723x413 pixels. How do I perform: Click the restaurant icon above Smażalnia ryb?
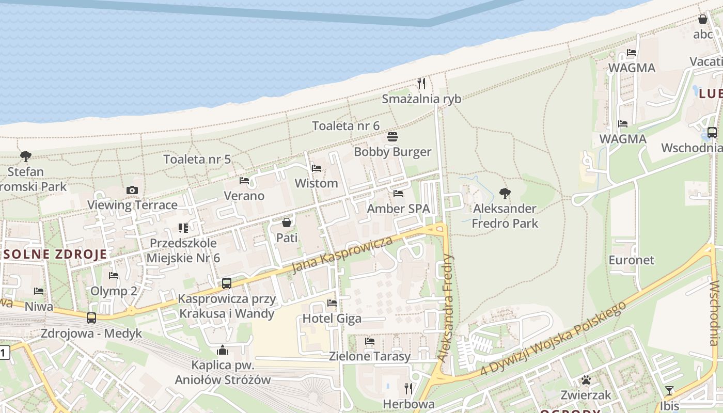point(421,83)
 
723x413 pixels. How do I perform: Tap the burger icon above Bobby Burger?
point(392,137)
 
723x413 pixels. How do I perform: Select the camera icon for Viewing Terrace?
point(132,190)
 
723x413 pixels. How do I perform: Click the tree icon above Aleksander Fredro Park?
point(505,194)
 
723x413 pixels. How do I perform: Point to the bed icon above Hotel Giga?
point(332,303)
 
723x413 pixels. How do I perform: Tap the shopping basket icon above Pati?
point(287,223)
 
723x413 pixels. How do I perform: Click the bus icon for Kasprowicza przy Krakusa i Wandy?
point(226,283)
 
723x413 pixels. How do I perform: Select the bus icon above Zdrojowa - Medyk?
point(91,318)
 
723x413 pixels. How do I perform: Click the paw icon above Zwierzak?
point(586,380)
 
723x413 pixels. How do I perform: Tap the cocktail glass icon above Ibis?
point(669,390)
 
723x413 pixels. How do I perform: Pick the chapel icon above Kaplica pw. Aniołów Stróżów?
point(223,350)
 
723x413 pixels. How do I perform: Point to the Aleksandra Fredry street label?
point(445,307)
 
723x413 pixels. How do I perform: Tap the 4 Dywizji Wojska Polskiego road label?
point(552,338)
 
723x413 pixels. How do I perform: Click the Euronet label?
point(631,260)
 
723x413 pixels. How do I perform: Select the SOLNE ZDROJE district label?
point(55,254)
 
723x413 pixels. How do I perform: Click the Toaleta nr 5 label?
point(197,159)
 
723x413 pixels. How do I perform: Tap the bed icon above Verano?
point(244,181)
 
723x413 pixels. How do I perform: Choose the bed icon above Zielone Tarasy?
point(370,341)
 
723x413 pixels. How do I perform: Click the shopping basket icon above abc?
point(703,20)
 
